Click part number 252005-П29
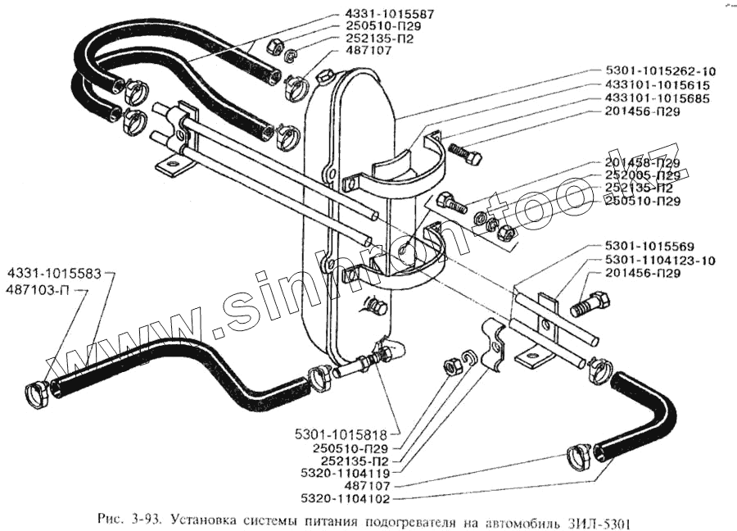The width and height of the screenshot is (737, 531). [643, 175]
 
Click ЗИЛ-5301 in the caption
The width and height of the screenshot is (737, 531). [602, 521]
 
